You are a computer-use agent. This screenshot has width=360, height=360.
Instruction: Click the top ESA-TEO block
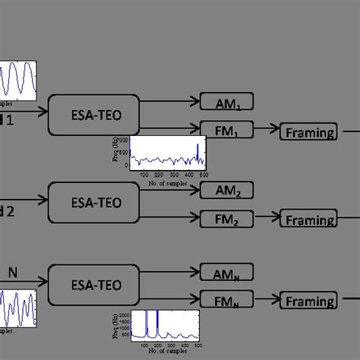point(95,115)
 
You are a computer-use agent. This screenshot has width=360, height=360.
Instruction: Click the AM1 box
point(226,102)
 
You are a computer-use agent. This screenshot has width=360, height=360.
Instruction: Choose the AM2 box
point(226,190)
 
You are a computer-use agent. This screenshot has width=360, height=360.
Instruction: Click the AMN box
point(226,272)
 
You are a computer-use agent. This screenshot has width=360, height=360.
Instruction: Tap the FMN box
point(226,301)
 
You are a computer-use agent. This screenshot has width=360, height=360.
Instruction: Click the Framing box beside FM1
point(308,132)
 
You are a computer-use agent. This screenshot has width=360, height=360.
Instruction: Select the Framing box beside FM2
point(308,219)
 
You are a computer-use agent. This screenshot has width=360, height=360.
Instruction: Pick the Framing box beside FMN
point(308,302)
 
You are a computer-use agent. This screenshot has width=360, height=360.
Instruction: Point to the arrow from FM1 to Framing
point(265,131)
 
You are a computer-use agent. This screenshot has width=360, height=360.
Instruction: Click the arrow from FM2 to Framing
point(265,219)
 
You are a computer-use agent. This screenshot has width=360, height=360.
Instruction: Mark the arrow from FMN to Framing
point(265,301)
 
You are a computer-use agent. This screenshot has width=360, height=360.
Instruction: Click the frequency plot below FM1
point(167,153)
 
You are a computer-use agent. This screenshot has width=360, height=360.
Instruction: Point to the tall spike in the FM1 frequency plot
point(198,150)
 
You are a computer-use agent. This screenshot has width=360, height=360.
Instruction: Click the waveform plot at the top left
point(17,83)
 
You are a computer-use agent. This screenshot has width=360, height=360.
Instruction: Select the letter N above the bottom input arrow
point(13,270)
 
